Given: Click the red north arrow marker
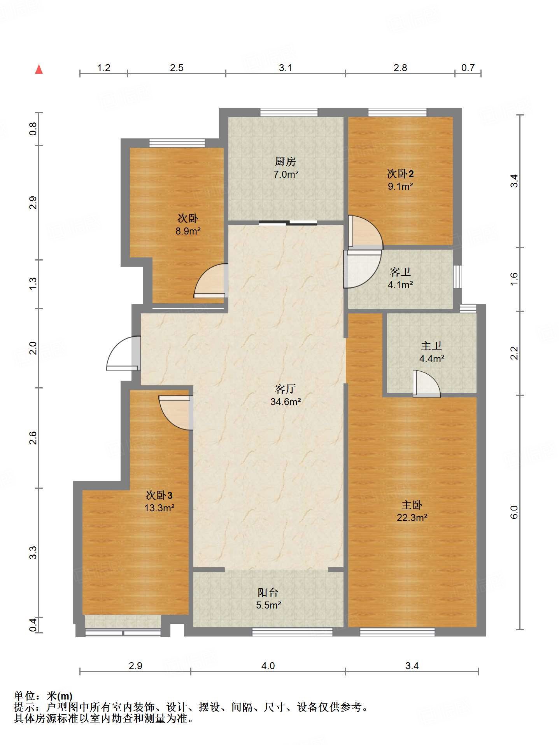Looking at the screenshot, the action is tap(39, 69).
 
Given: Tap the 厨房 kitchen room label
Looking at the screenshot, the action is tap(286, 161).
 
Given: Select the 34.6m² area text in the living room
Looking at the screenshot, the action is tap(286, 402).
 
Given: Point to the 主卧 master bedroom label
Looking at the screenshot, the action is tap(412, 505).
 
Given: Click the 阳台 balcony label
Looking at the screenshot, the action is tap(268, 592).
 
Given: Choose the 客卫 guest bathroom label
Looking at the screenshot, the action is tap(400, 272).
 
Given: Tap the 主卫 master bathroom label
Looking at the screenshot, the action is tap(431, 346).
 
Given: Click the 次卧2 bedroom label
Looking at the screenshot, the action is tap(400, 173).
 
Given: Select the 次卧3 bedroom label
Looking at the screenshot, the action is tap(159, 495).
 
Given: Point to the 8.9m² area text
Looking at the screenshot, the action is tap(188, 231).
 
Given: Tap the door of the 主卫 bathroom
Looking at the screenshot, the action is tap(426, 384).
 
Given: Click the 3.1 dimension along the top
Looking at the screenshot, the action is tap(286, 68).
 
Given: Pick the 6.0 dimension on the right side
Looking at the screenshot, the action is tap(514, 512).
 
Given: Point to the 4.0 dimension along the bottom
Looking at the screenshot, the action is tap(268, 666).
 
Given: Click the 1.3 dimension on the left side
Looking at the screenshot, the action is tap(33, 283).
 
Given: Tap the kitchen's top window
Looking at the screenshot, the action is tap(289, 112).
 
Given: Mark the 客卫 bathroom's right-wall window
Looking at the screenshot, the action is tap(457, 277).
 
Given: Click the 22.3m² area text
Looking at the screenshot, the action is tap(412, 518).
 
